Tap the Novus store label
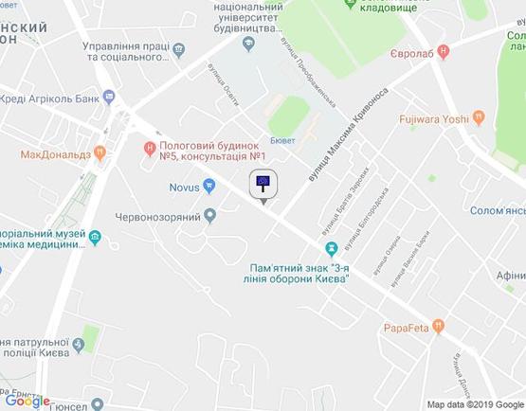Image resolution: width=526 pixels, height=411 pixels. click(184, 188)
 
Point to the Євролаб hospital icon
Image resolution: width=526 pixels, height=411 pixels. click(444, 53)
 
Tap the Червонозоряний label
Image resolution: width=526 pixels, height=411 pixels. click(163, 218)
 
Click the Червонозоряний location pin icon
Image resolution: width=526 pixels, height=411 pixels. click(210, 218)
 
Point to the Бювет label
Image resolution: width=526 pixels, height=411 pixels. click(281, 139)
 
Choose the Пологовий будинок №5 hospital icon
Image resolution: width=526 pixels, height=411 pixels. click(149, 147)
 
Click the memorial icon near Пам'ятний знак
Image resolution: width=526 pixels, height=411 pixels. click(330, 249)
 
